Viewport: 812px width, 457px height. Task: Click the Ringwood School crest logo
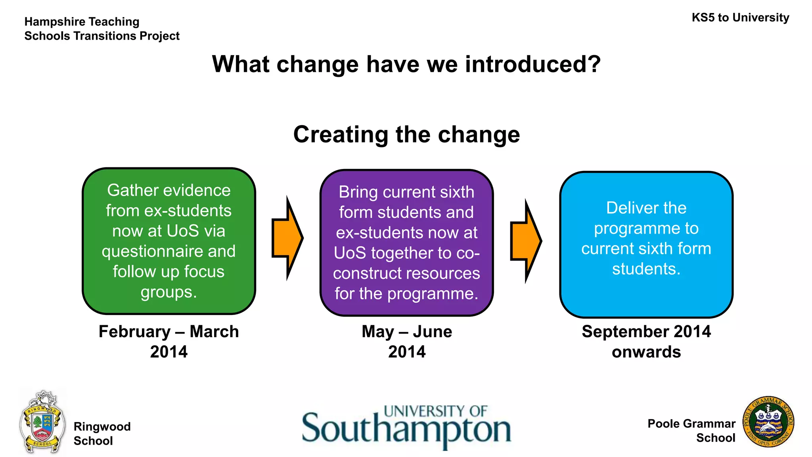(42, 422)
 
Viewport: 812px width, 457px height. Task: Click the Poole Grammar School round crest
(768, 422)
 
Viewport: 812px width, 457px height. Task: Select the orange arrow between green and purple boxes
(287, 238)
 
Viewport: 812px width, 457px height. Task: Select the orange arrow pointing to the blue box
(526, 241)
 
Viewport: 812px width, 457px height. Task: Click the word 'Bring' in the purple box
(358, 192)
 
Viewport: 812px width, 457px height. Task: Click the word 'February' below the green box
(134, 332)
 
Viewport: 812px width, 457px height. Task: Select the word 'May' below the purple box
(377, 332)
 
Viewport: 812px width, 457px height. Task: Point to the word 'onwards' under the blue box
(646, 352)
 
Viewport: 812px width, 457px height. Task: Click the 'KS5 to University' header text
(740, 18)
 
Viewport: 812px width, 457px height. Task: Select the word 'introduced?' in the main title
(533, 64)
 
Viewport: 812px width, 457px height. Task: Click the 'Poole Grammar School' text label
(691, 430)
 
